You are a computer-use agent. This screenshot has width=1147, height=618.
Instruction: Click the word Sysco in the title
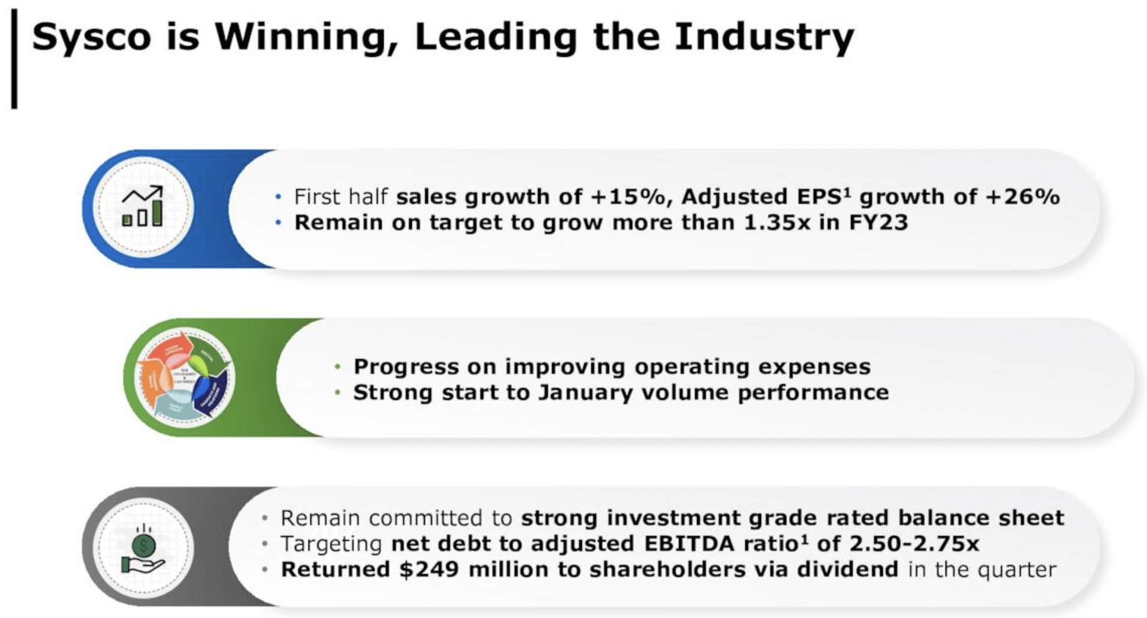click(x=92, y=37)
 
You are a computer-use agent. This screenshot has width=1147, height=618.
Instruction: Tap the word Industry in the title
click(x=764, y=37)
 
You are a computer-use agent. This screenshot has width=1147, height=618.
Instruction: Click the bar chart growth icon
click(x=143, y=207)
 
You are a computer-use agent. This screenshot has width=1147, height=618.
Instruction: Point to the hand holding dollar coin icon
click(x=143, y=549)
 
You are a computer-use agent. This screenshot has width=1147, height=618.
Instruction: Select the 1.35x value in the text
click(x=777, y=223)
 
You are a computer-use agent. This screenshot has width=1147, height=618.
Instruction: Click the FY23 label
click(x=878, y=223)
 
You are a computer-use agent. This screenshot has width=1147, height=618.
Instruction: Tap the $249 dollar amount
click(x=429, y=569)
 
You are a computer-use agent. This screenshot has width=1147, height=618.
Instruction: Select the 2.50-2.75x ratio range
click(x=914, y=544)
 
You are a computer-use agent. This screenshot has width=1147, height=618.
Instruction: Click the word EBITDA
click(x=689, y=544)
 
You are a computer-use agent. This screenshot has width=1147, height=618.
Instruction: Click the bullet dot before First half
click(x=278, y=197)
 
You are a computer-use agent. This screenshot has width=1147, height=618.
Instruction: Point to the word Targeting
click(x=331, y=544)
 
